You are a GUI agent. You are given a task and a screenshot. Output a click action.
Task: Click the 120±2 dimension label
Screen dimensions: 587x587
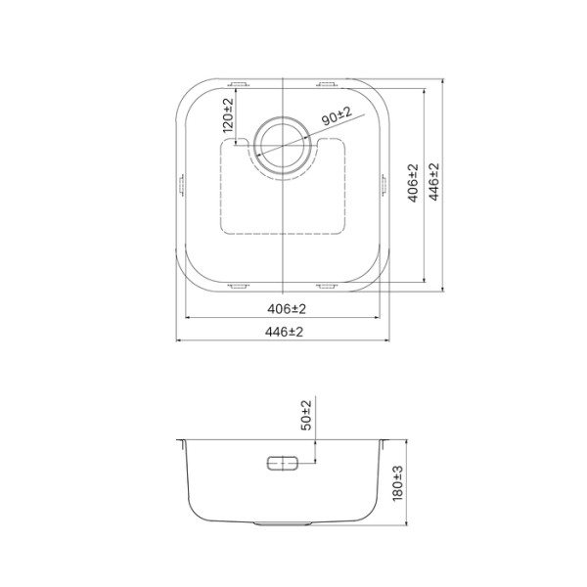[x=228, y=115]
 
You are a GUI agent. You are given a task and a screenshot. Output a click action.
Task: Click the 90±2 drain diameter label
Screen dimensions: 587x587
[x=337, y=113]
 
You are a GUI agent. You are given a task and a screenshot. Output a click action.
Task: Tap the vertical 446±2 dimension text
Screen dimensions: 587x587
[x=434, y=183]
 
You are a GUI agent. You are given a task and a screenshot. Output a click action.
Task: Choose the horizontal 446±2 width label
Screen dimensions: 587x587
[x=284, y=332]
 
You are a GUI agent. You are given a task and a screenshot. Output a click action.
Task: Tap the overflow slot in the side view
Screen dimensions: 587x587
[x=283, y=464]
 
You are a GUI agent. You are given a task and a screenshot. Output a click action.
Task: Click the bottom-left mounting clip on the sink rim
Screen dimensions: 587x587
[x=237, y=286]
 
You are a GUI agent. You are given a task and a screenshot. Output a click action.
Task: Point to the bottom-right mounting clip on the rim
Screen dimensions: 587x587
[x=327, y=286]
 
